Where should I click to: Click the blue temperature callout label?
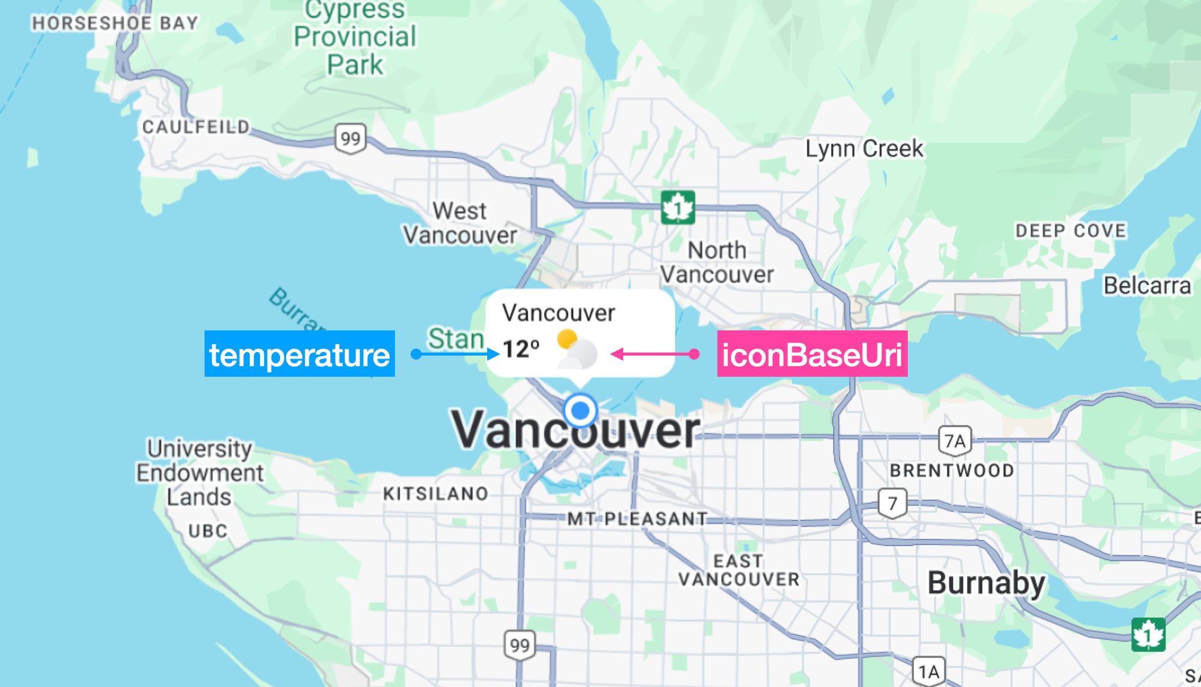pos(299,354)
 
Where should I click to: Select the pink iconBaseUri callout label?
pos(812,354)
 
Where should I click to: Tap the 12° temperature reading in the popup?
pos(521,349)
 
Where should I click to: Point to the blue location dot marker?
pos(580,411)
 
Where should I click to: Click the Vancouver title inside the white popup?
pos(558,313)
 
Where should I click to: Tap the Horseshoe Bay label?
pos(115,23)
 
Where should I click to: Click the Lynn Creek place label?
pos(864,148)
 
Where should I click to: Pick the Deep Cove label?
pos(1071,231)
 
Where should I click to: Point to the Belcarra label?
pos(1147,286)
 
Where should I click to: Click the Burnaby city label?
pos(986,583)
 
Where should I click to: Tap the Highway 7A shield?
pos(955,441)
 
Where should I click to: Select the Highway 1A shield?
pos(928,671)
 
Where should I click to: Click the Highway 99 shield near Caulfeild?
pos(351,139)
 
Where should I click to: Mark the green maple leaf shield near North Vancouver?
pos(678,208)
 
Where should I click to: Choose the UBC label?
pos(208,531)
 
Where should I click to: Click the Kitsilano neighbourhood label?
pos(436,494)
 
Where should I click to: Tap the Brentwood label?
pos(952,470)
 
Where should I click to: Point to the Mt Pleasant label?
pos(637,519)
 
